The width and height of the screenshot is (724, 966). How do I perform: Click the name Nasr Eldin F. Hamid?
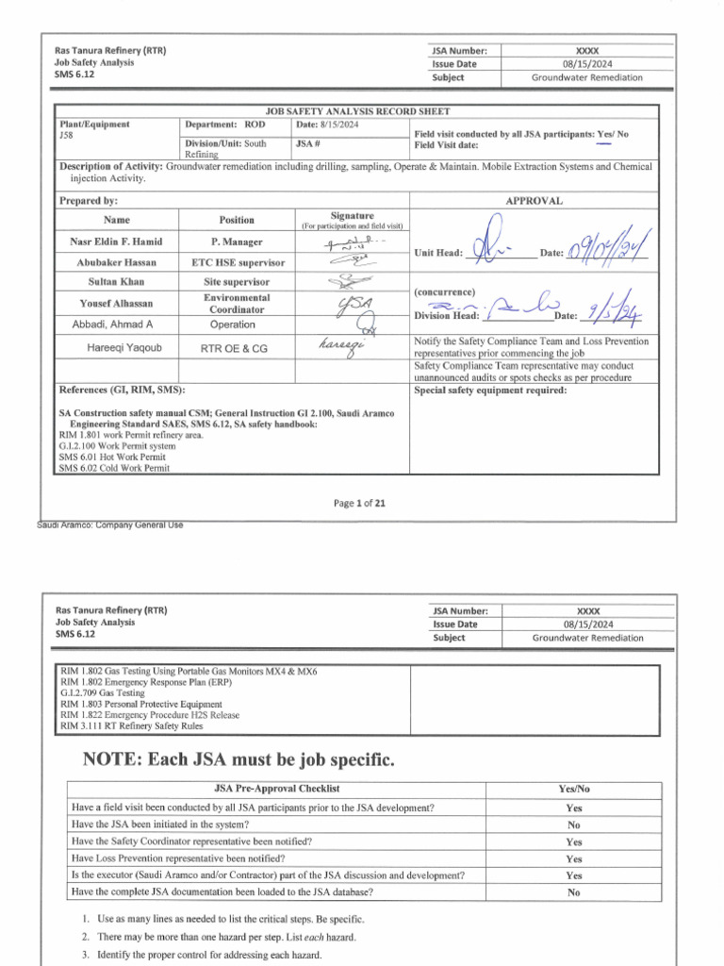118,241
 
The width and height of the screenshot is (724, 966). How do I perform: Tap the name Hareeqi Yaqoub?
118,348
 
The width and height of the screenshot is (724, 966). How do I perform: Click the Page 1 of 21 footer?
360,503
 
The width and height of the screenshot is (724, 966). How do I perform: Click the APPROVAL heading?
535,201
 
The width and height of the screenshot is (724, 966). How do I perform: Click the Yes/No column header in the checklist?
573,789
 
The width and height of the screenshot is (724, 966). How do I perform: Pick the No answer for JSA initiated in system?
573,824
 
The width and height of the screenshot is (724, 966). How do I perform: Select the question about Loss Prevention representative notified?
178,858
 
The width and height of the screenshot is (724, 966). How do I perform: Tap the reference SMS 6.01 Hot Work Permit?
111,458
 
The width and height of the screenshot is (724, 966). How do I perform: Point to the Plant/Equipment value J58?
66,135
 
